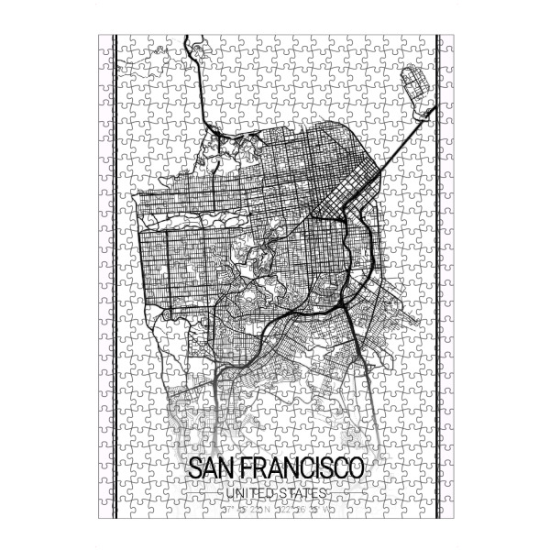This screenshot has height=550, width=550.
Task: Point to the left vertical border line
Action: pyautogui.click(x=113, y=275)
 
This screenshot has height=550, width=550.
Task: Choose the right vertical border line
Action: pyautogui.click(x=436, y=275)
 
